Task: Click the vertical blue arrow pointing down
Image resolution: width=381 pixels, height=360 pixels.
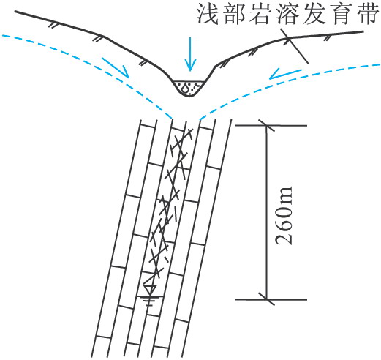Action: tap(190, 54)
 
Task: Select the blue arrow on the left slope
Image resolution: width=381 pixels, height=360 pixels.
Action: tap(116, 68)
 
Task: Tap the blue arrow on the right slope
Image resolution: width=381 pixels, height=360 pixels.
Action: tap(285, 74)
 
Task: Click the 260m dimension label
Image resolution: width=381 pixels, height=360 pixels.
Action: tap(284, 216)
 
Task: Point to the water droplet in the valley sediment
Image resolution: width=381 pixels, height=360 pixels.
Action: tap(186, 88)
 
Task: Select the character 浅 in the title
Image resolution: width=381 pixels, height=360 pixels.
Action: tap(207, 14)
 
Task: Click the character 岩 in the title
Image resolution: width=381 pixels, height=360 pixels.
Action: tap(260, 14)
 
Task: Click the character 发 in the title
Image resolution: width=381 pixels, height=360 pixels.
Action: tap(314, 14)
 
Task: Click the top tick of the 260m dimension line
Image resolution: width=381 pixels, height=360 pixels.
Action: tap(267, 126)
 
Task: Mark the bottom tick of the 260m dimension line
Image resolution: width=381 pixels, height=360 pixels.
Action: tap(267, 299)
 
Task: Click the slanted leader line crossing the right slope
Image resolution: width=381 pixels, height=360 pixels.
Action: tap(294, 46)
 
